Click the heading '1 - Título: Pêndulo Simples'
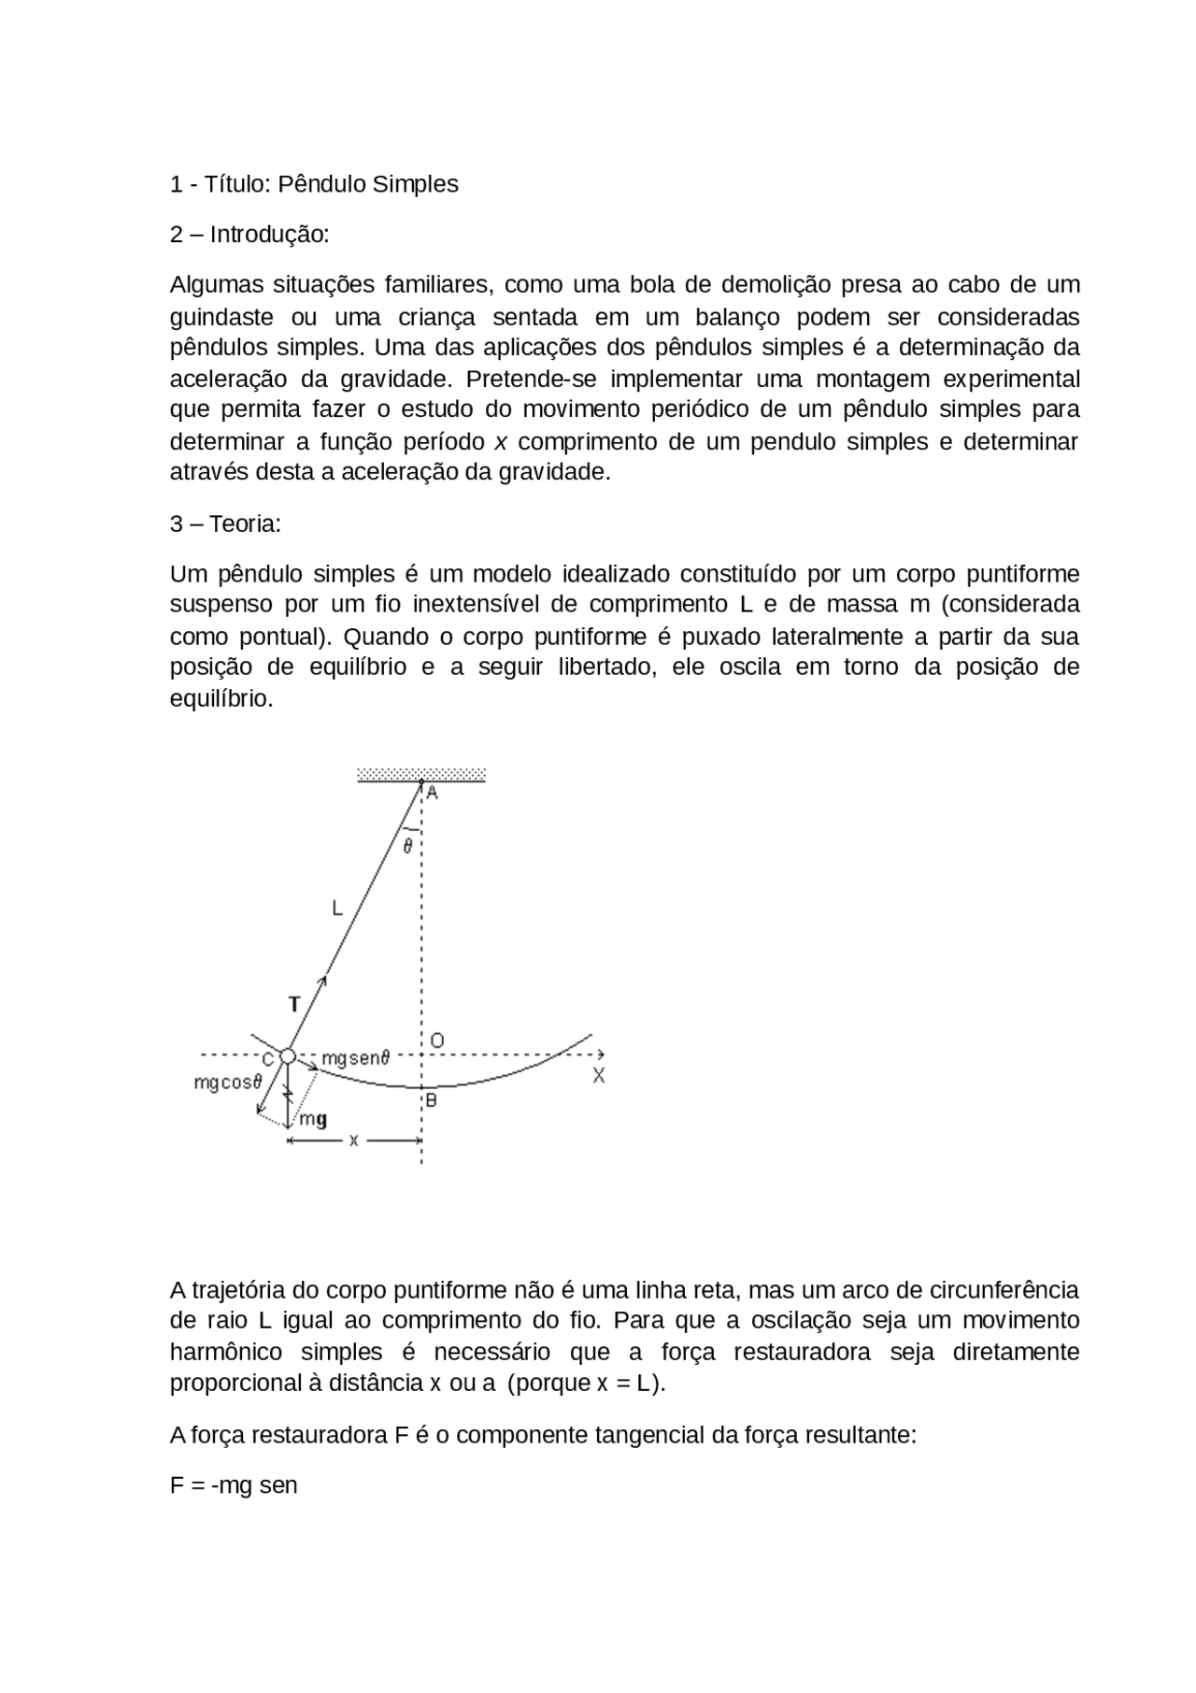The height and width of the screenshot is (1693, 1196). pyautogui.click(x=314, y=184)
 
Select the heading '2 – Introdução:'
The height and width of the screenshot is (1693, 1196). pyautogui.click(x=249, y=234)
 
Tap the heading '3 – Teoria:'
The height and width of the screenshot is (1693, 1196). pyautogui.click(x=225, y=524)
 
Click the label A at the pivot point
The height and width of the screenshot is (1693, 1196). pyautogui.click(x=433, y=793)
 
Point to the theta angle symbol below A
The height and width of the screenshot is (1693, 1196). pyautogui.click(x=407, y=847)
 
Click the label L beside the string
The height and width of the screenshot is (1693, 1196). pyautogui.click(x=337, y=907)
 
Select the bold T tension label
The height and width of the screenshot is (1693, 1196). pyautogui.click(x=294, y=1005)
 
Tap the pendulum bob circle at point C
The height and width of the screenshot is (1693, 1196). pyautogui.click(x=288, y=1056)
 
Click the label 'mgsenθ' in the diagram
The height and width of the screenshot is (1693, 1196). pyautogui.click(x=355, y=1058)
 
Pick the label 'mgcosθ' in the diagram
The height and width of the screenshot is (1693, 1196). pyautogui.click(x=228, y=1083)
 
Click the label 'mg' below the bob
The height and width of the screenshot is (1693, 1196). pyautogui.click(x=313, y=1119)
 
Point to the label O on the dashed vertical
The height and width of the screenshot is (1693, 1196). pyautogui.click(x=436, y=1040)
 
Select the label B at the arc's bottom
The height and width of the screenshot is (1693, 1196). pyautogui.click(x=431, y=1100)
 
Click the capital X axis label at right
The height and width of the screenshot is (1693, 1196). pyautogui.click(x=599, y=1076)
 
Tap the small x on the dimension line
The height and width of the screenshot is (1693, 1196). pyautogui.click(x=354, y=1141)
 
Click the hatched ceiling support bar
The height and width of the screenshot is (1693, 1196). pyautogui.click(x=421, y=774)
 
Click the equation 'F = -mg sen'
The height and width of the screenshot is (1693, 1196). pyautogui.click(x=234, y=1485)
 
